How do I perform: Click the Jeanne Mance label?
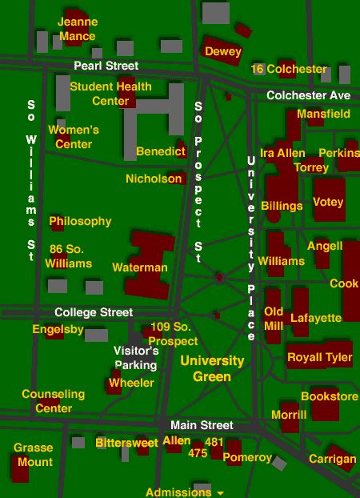pos(78,28)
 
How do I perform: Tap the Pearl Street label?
pos(106,66)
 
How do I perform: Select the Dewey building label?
pos(223,52)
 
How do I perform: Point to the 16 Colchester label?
pos(289,69)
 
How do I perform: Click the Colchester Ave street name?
pos(308,95)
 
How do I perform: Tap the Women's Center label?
pos(74,137)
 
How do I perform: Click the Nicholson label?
pos(154,179)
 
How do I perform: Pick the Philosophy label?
pos(81,221)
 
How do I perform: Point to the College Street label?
pos(94,312)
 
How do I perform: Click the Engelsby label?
pos(58,329)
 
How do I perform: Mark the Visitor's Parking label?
pos(136,357)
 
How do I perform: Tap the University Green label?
pos(212,368)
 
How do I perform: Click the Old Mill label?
pos(274,318)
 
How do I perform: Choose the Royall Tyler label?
pos(319,357)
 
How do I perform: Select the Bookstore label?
pos(330,396)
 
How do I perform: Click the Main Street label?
pos(202,425)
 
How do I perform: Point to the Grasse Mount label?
pos(34,455)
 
